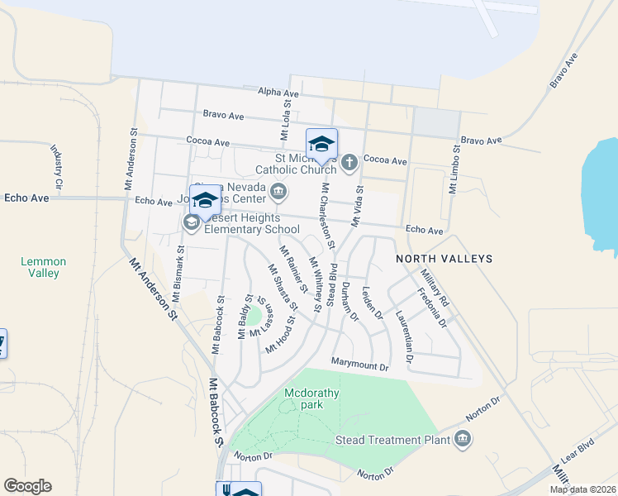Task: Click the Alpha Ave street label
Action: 278,93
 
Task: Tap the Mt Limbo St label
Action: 454,169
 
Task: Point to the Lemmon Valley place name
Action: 43,267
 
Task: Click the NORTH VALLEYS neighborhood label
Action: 444,259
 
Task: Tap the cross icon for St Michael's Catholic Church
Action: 349,161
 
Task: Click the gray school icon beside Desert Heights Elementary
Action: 191,223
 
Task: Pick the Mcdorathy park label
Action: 311,399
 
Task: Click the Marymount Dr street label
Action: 359,364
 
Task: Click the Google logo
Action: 27,486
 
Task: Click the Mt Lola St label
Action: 283,121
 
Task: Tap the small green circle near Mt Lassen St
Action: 254,316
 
